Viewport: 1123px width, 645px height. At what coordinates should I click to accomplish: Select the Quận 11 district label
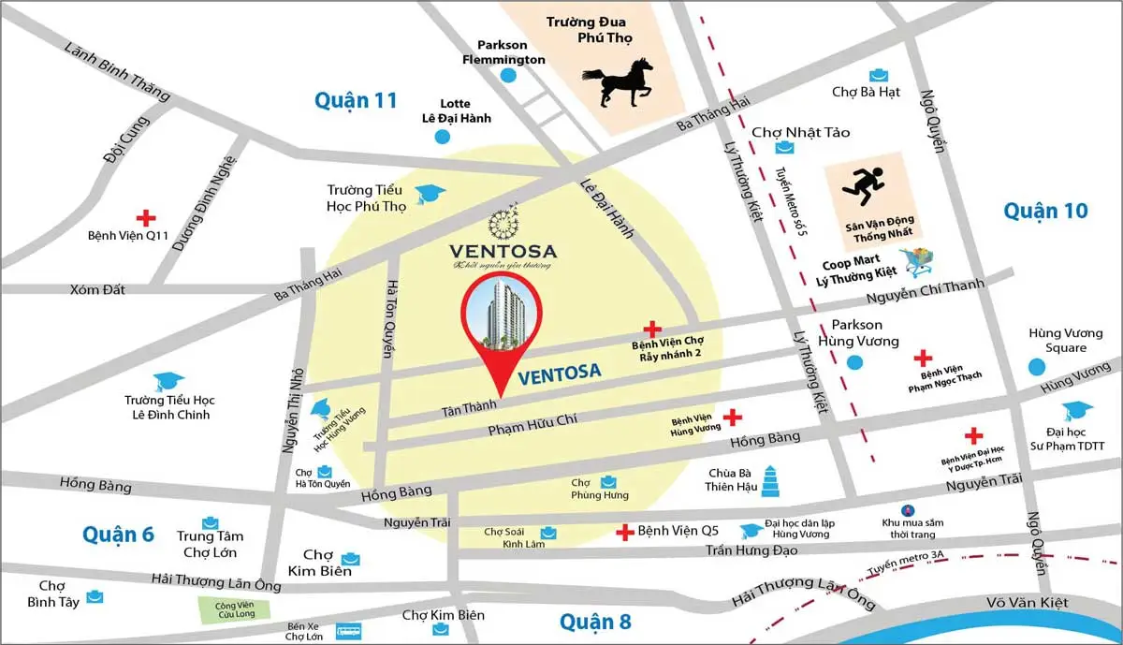pyautogui.click(x=356, y=100)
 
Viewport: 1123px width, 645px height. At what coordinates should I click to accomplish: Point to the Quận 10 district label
pyautogui.click(x=1045, y=211)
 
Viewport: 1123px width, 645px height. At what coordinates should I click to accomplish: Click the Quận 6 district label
pyautogui.click(x=118, y=534)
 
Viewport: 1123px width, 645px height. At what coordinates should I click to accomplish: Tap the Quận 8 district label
pyautogui.click(x=595, y=622)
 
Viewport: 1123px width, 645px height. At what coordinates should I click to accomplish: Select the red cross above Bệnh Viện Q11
pyautogui.click(x=145, y=217)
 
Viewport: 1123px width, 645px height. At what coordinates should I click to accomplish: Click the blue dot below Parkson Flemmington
pyautogui.click(x=507, y=76)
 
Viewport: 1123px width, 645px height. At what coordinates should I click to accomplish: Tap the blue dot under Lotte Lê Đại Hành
pyautogui.click(x=442, y=137)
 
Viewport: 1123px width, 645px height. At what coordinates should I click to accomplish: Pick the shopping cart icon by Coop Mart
pyautogui.click(x=917, y=261)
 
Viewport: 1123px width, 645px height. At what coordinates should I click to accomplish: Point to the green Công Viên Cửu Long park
pyautogui.click(x=232, y=608)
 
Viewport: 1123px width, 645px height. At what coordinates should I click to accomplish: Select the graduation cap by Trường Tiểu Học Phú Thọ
pyautogui.click(x=430, y=194)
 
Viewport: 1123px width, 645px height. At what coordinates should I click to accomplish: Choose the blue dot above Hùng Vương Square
pyautogui.click(x=1035, y=368)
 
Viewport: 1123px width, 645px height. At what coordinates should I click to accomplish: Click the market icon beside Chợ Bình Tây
pyautogui.click(x=95, y=595)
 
